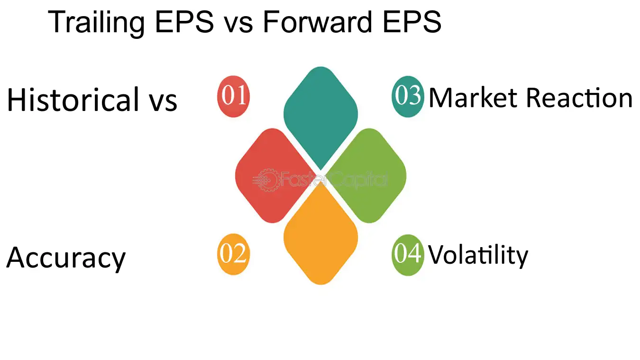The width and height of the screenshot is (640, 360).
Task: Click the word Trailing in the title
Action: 96,23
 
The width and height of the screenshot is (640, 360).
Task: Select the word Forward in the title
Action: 317,22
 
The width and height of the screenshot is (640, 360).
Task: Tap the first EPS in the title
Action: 184,22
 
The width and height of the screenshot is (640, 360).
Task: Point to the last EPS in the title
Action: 411,22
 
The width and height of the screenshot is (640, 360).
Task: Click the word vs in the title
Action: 238,25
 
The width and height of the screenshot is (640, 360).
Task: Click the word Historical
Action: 73,99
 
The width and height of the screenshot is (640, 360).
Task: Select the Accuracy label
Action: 66,258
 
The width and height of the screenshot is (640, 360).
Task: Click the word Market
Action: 473,98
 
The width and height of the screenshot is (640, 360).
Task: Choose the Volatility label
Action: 478,256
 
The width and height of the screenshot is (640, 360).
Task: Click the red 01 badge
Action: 233,96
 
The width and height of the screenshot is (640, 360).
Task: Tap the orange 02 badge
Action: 233,254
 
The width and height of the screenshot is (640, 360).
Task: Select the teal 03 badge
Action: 408,96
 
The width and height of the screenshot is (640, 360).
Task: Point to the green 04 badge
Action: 408,255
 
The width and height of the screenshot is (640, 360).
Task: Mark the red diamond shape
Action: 273,175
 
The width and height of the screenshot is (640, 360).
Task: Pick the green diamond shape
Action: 368,175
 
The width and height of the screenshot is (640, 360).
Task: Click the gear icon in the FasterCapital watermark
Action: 268,180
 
